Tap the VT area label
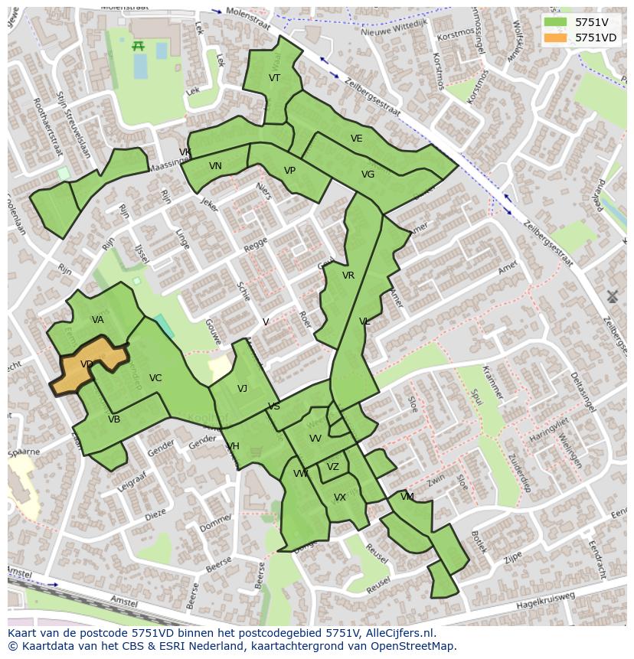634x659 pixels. [x=274, y=78]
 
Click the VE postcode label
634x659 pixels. [x=356, y=139]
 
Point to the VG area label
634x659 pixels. [x=368, y=175]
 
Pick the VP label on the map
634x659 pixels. [x=289, y=171]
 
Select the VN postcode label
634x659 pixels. [x=215, y=166]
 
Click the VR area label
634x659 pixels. [x=348, y=276]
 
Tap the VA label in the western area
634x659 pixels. [x=98, y=320]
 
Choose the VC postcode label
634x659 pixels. [x=155, y=378]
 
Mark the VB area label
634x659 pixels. [x=114, y=419]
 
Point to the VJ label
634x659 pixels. [x=242, y=389]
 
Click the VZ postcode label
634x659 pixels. [x=332, y=467]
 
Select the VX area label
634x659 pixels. [x=340, y=498]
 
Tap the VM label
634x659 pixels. [x=407, y=497]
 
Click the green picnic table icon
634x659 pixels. [x=139, y=46]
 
